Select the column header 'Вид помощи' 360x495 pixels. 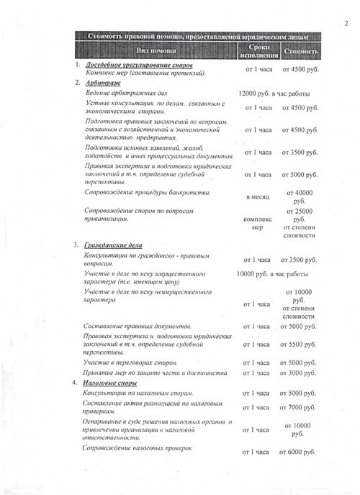[x=158, y=51]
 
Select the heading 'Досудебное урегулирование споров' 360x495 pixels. [x=140, y=65]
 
